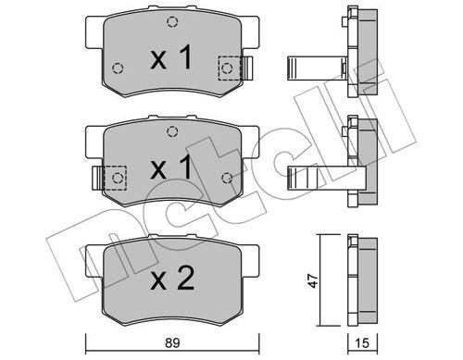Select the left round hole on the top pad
pos(116,68)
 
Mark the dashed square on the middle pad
pos(114,177)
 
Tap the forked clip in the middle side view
pos(315,177)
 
